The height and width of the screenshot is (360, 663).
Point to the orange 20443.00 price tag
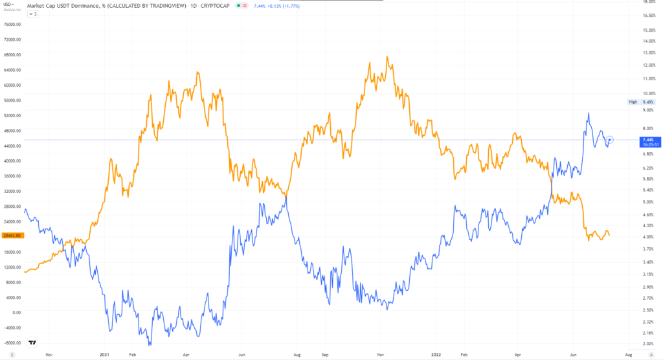point(12,235)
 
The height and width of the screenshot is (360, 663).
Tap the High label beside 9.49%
point(633,102)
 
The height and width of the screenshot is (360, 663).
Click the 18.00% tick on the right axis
point(647,2)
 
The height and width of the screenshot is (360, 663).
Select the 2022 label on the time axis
point(436,355)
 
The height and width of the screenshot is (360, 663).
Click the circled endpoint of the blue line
point(611,139)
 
